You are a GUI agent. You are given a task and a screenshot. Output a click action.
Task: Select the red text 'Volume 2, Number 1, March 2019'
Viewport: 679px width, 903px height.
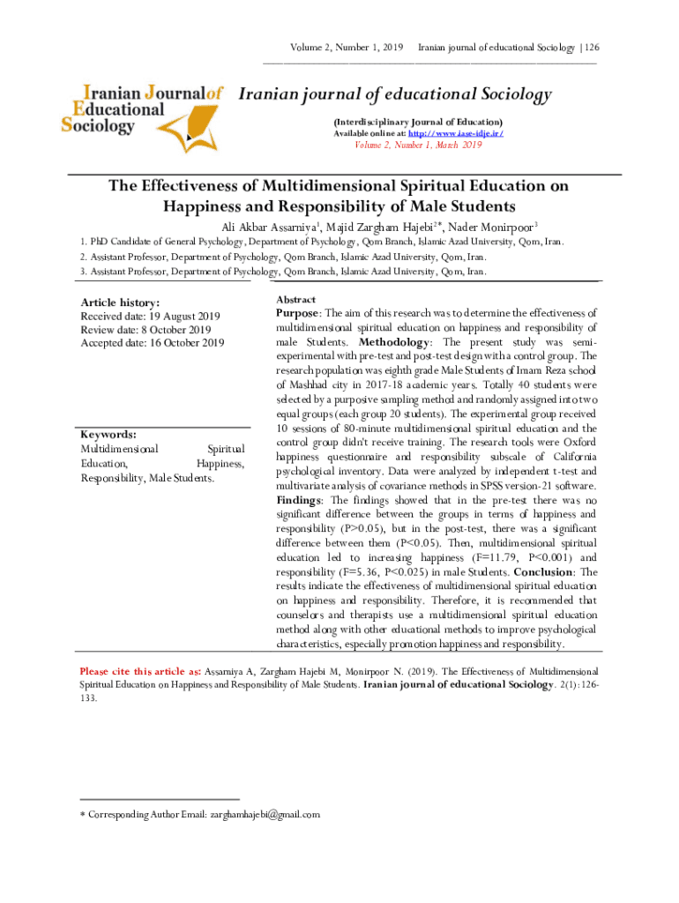click(x=418, y=146)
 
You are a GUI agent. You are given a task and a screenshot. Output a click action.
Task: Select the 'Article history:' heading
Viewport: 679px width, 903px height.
click(x=120, y=303)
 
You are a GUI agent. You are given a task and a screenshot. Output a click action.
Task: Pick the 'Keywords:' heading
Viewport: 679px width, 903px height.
click(x=108, y=435)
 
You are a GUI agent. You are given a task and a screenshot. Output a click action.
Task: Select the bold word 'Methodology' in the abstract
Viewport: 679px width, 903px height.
click(x=395, y=341)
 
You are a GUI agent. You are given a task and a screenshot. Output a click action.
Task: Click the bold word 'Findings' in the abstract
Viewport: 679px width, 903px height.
click(x=299, y=500)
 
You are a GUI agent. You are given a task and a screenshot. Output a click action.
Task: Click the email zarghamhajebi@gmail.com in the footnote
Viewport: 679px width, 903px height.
click(x=264, y=815)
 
